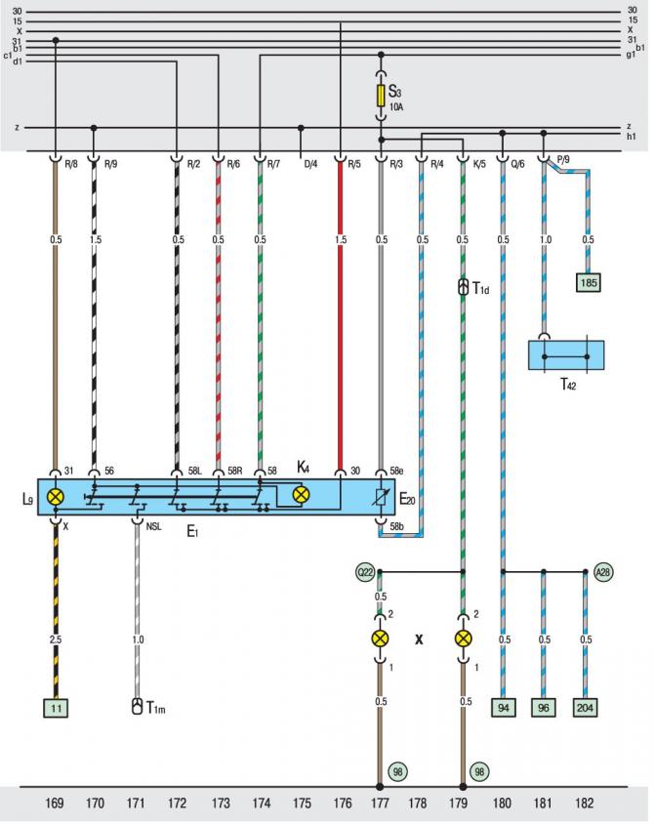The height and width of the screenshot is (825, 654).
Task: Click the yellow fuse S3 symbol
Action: [x=381, y=96]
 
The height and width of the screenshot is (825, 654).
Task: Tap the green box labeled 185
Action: [x=589, y=282]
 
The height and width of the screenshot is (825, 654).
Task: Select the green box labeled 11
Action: [x=56, y=708]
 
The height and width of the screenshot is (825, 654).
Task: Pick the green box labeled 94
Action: [x=504, y=708]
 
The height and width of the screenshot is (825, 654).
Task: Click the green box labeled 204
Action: [x=585, y=708]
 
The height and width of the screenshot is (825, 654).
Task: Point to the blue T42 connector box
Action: [x=566, y=355]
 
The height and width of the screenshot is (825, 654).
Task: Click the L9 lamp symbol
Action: [x=56, y=497]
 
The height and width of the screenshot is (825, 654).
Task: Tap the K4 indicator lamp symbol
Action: [x=301, y=495]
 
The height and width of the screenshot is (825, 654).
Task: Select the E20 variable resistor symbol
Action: [x=381, y=497]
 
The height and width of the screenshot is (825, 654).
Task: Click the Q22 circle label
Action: [x=365, y=572]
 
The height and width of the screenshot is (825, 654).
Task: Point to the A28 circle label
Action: [x=603, y=572]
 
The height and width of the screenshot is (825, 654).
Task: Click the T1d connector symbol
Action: [x=463, y=287]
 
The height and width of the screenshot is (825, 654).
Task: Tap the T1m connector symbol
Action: [x=137, y=706]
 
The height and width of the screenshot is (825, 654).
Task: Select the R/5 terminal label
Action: [x=354, y=164]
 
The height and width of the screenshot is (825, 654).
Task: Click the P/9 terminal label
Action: [x=562, y=160]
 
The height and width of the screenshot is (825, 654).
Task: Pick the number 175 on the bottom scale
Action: [x=302, y=803]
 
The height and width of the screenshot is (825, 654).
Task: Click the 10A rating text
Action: [x=396, y=106]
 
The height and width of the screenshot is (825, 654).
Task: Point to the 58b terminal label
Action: [x=396, y=526]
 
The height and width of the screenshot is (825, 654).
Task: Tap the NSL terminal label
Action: [x=153, y=526]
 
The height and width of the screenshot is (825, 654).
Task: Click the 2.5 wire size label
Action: [x=56, y=639]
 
